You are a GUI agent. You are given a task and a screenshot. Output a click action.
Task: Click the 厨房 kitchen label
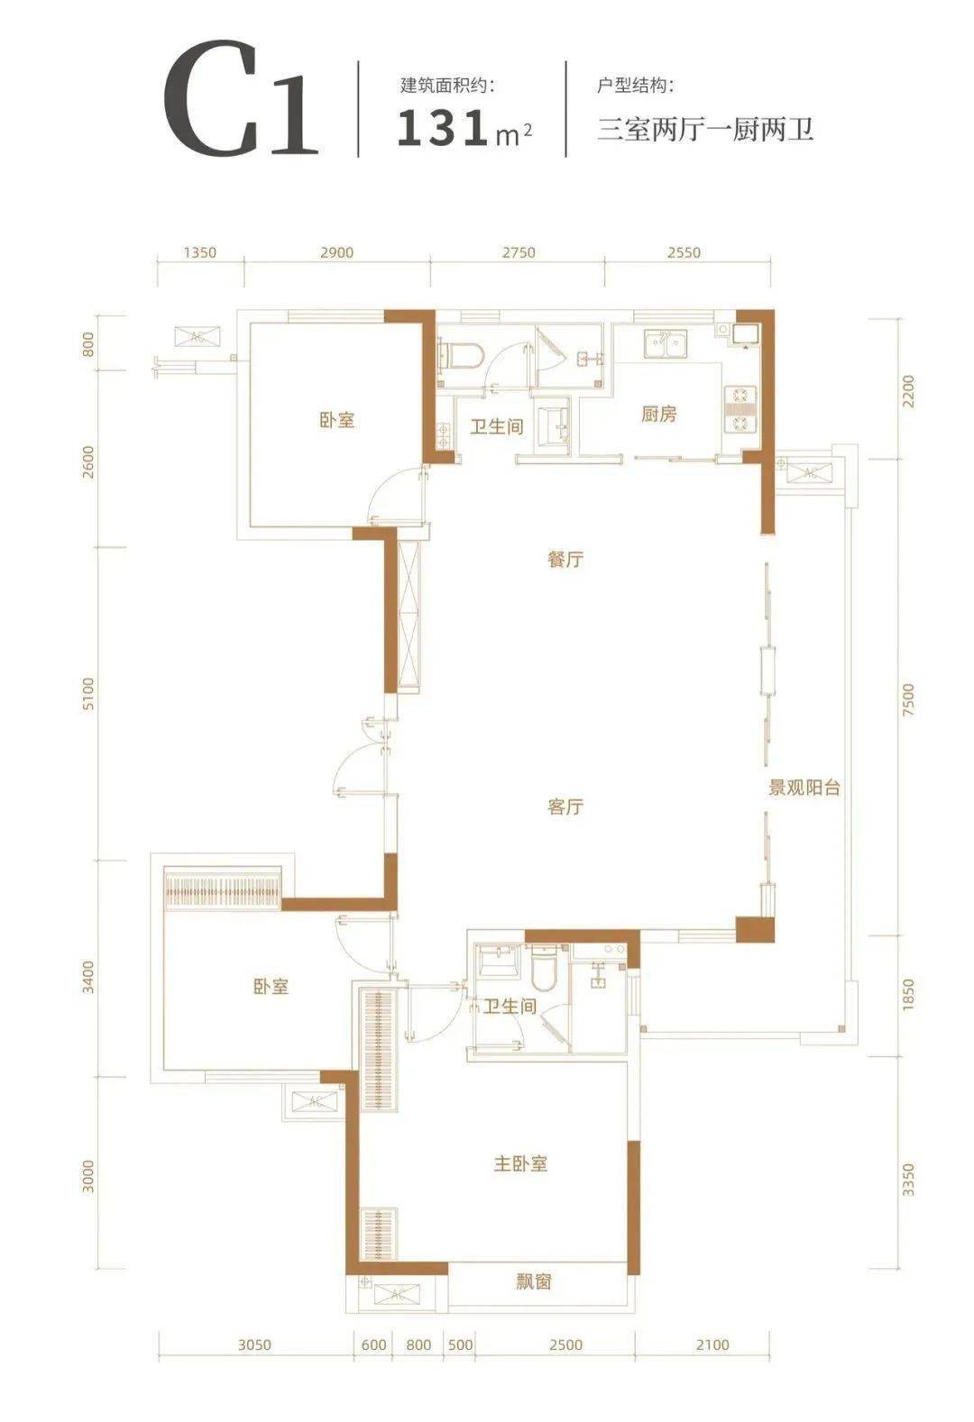[x=659, y=415]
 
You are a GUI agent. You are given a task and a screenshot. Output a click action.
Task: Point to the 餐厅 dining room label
[x=565, y=560]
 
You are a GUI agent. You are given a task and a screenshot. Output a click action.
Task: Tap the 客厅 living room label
[x=565, y=807]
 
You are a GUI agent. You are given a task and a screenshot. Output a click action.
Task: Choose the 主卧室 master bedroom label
[x=520, y=1163]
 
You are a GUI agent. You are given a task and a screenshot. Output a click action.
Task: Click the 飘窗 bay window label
[x=535, y=1281]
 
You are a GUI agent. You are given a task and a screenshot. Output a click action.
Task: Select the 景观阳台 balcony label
[x=804, y=788]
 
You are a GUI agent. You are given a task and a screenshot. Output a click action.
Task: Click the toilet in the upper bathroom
[x=457, y=354]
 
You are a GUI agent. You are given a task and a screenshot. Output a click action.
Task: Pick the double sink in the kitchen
[x=664, y=343]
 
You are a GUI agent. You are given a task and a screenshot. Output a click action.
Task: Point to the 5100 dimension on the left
[x=87, y=702]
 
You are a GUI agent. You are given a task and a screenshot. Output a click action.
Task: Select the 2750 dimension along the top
[x=517, y=253]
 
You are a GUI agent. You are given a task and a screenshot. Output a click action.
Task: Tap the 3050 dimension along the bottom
[x=254, y=1345]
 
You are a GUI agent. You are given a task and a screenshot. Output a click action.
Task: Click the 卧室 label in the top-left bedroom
[x=336, y=420]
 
